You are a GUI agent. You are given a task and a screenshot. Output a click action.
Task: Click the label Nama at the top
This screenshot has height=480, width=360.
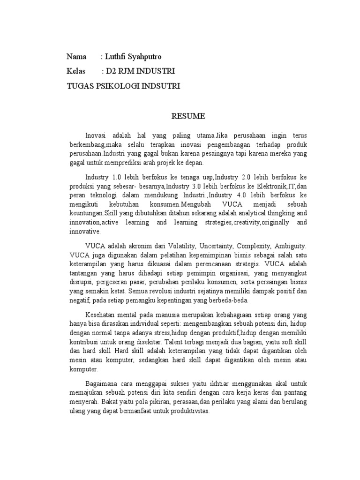76,57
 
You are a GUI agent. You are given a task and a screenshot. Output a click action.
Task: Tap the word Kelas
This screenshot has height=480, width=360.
77,72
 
